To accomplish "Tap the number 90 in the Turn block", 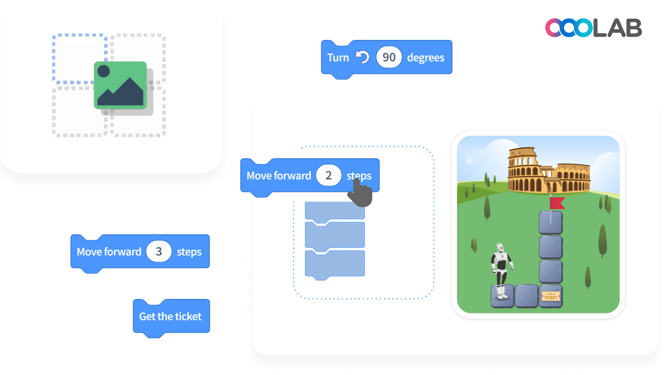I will point(389,57).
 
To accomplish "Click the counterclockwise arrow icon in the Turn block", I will point(362,57).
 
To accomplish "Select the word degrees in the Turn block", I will point(425,58).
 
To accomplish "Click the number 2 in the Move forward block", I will point(328,175).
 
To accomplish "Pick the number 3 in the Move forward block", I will point(159,251).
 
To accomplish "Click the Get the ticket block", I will point(171,317).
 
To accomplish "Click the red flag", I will point(557,203).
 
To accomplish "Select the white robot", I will point(501,270).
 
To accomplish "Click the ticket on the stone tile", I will point(551,296).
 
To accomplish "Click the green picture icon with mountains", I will point(120,85).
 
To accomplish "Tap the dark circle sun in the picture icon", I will point(104,71).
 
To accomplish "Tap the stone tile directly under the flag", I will point(551,223).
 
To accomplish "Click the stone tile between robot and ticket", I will point(526,296).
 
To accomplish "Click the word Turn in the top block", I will point(338,58).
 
